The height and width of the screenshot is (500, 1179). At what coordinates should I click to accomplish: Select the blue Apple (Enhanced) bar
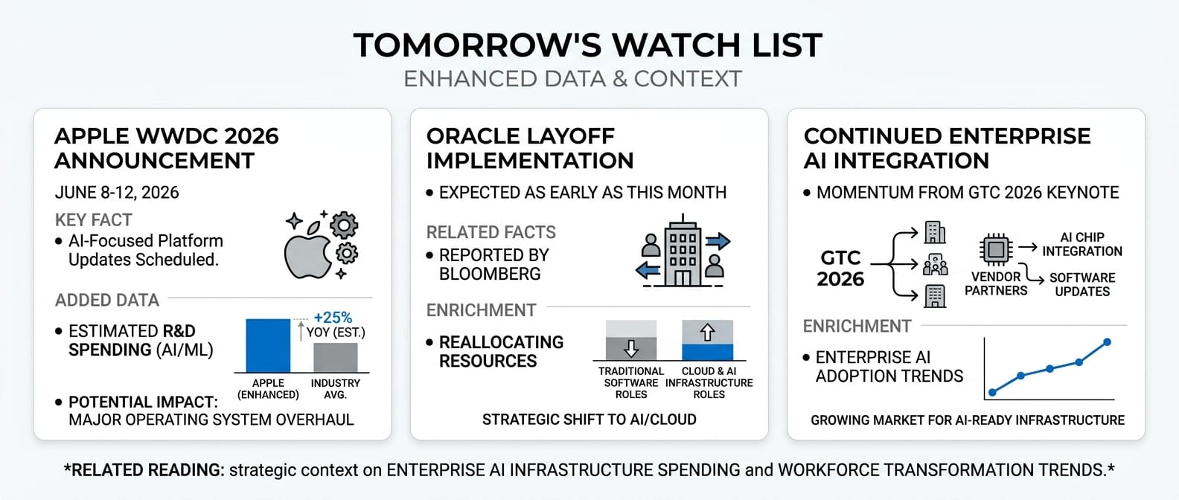(268, 345)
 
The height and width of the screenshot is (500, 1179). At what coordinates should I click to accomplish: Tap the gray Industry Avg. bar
(335, 358)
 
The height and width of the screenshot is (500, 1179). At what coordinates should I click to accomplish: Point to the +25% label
(333, 318)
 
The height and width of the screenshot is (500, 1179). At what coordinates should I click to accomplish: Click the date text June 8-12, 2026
(117, 193)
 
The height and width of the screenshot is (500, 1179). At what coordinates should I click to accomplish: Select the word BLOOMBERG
(490, 274)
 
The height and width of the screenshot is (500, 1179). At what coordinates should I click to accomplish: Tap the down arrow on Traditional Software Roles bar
(630, 348)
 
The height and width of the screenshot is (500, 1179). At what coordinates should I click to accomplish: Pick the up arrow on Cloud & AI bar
(707, 332)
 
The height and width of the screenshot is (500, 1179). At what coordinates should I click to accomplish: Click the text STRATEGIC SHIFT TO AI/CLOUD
(589, 420)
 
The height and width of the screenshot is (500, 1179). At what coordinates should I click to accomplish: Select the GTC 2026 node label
(840, 269)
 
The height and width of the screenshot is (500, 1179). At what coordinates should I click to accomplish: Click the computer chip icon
(996, 249)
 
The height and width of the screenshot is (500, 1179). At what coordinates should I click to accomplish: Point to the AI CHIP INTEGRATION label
(1082, 244)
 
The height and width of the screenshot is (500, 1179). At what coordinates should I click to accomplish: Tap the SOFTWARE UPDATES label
(1082, 284)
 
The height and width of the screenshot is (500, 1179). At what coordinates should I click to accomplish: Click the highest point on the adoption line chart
(1107, 342)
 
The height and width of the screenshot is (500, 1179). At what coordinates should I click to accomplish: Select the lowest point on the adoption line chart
(993, 392)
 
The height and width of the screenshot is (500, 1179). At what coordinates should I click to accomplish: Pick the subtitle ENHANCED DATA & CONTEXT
(572, 79)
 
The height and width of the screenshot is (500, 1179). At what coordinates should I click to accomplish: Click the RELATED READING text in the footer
(144, 469)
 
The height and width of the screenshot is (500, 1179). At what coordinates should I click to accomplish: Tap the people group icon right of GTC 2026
(936, 264)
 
